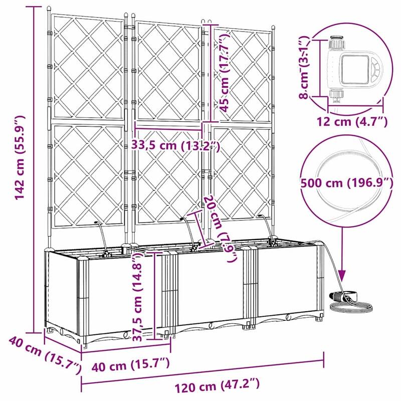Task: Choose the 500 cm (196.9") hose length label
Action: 346,183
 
